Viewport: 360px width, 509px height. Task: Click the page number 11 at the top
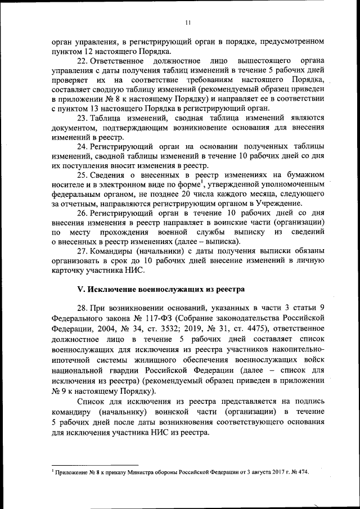(188, 22)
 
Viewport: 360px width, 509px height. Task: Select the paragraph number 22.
(82, 60)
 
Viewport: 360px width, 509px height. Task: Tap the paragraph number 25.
(82, 174)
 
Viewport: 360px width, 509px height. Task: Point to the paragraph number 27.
(82, 250)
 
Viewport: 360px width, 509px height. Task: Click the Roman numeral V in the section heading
(79, 289)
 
